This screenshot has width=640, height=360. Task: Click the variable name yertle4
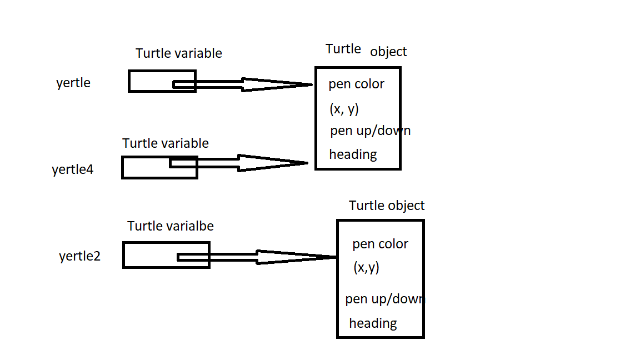73,169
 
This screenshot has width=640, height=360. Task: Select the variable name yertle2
80,257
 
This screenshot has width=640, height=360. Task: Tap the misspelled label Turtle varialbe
171,226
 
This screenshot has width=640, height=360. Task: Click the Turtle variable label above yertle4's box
166,143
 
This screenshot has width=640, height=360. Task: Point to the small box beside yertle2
166,255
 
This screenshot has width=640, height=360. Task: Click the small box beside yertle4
159,167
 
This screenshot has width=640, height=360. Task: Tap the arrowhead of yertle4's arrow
272,163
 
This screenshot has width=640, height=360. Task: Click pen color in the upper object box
356,84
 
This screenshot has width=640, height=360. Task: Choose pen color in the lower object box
380,244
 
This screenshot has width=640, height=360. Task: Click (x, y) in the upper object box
344,109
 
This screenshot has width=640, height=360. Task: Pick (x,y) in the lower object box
366,268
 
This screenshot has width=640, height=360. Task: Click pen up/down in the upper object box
370,131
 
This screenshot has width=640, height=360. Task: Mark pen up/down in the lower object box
384,299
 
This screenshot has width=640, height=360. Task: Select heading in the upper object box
353,154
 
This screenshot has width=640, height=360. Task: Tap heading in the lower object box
373,323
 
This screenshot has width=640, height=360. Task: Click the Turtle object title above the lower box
387,206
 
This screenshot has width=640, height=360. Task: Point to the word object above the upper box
388,52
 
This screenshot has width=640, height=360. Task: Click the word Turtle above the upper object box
343,49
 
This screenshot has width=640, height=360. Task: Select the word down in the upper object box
396,131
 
